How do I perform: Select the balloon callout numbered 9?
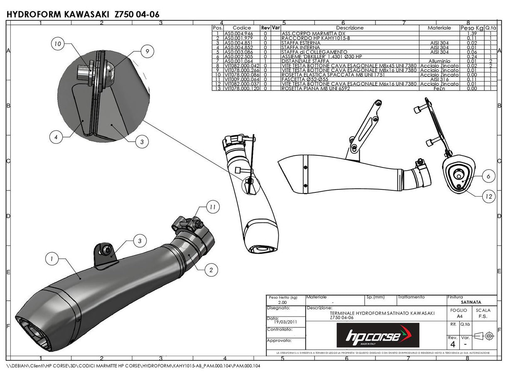pos(147,51)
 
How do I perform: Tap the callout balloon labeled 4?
pos(56,136)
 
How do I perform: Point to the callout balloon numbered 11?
pos(212,206)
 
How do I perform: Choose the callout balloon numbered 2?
pos(211,270)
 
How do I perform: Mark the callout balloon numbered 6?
pos(488,176)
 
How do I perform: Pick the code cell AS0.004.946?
pos(238,33)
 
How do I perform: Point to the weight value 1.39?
pos(471,33)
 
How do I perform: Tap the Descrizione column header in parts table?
pos(349,28)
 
